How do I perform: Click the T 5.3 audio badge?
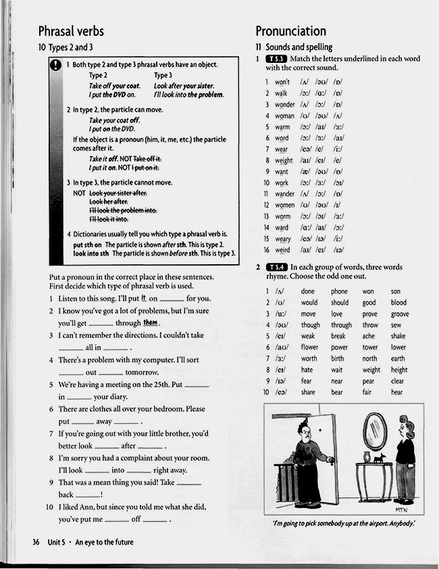276,59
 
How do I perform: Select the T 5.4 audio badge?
276,267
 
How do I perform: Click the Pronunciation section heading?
290,31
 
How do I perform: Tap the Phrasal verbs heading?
71,31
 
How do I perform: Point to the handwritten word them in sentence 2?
150,322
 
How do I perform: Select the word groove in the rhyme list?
399,314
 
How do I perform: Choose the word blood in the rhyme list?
398,303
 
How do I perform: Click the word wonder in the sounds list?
284,105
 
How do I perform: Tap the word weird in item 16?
282,250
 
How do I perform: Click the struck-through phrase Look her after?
109,201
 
